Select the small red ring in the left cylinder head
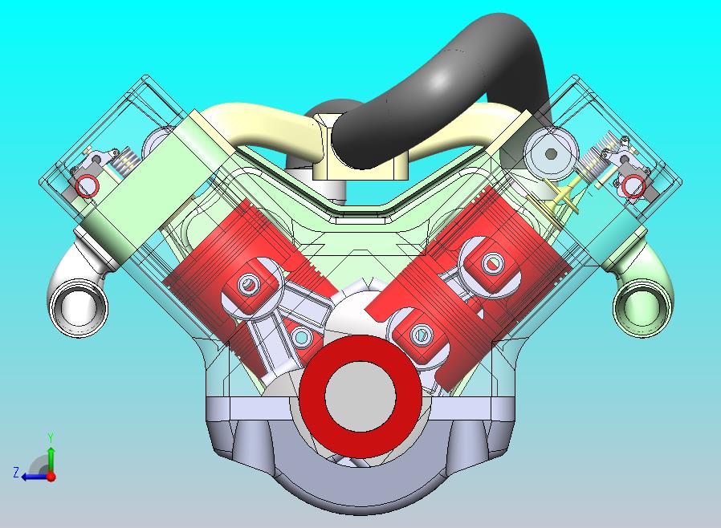click(87, 186)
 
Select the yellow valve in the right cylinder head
click(564, 194)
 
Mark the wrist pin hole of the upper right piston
click(491, 262)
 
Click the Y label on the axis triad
click(51, 437)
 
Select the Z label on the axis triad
click(15, 473)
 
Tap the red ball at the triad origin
click(51, 476)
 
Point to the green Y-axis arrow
click(51, 457)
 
